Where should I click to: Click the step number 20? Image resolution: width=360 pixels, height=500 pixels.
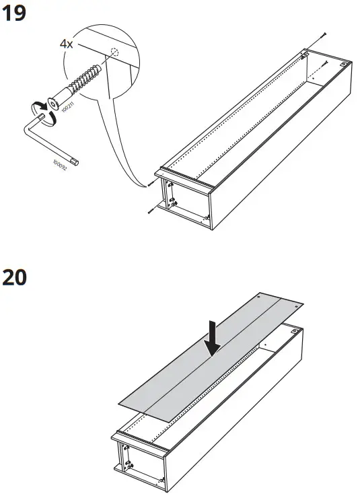pyautogui.click(x=15, y=277)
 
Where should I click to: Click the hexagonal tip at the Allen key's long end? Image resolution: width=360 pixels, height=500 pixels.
pyautogui.click(x=79, y=162)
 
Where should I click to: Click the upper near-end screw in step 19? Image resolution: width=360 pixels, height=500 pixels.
pyautogui.click(x=147, y=184)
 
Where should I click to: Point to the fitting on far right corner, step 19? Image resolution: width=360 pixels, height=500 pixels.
pyautogui.click(x=345, y=65)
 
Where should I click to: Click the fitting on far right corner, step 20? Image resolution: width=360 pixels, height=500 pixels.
pyautogui.click(x=294, y=331)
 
